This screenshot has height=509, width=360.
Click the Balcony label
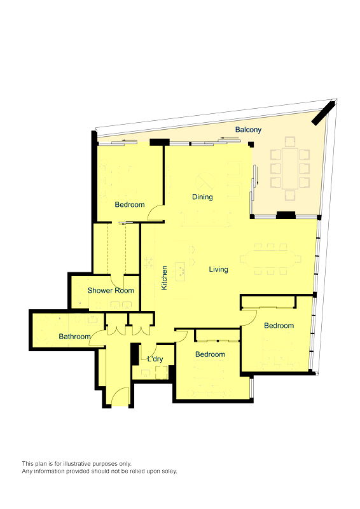coord(248,130)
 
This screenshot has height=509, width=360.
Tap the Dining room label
coord(202,197)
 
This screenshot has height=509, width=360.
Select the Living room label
coord(219,270)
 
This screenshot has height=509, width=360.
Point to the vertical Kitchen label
coord(164,278)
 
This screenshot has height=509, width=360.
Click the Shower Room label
coord(111,291)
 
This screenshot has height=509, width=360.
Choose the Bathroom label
coord(74,337)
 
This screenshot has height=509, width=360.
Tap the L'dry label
coord(155,359)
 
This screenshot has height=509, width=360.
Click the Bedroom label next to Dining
coord(129,205)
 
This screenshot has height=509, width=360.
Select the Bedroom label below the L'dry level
coord(210,354)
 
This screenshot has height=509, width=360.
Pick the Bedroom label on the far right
coord(279,326)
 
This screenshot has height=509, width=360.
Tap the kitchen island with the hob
coord(180,272)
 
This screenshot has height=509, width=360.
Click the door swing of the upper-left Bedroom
coord(155,214)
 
